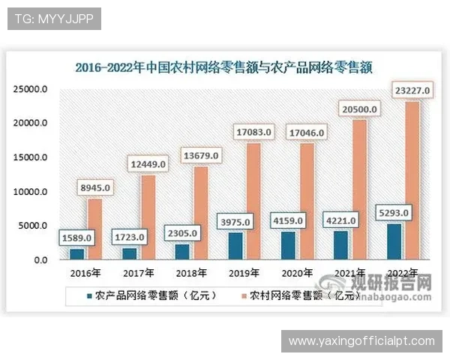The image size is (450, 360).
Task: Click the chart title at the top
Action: pyautogui.click(x=224, y=67)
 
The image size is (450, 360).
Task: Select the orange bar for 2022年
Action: pyautogui.click(x=412, y=180)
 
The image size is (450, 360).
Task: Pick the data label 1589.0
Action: pyautogui.click(x=76, y=238)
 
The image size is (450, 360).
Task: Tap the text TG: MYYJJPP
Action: pyautogui.click(x=54, y=19)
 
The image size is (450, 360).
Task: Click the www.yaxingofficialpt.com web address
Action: pyautogui.click(x=361, y=341)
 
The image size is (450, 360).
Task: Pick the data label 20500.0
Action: pyautogui.click(x=358, y=109)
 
